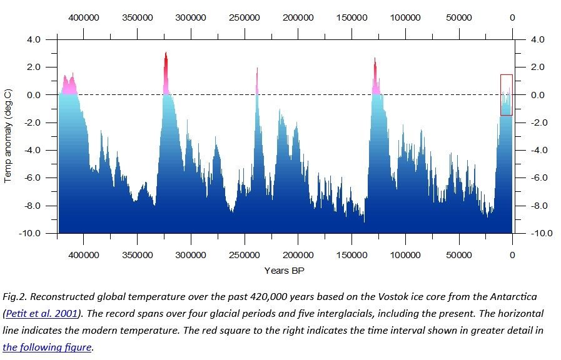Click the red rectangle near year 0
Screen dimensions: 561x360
(x=501, y=95)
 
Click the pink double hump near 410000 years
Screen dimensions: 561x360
(x=69, y=85)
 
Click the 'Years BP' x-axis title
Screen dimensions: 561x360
(x=284, y=271)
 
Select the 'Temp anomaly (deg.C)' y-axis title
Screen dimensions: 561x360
(x=8, y=136)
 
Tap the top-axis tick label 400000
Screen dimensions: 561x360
(x=84, y=17)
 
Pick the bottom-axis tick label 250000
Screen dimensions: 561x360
(x=245, y=255)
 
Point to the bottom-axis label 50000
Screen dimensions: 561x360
(x=458, y=255)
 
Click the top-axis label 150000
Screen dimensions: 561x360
(x=351, y=17)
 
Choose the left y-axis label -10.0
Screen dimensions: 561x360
(x=29, y=233)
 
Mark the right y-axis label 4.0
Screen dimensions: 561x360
(x=537, y=39)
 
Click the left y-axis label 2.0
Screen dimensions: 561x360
(x=34, y=67)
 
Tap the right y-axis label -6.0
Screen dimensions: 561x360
(x=539, y=177)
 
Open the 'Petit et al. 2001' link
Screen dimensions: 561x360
(x=41, y=314)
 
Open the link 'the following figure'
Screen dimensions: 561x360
(x=47, y=347)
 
